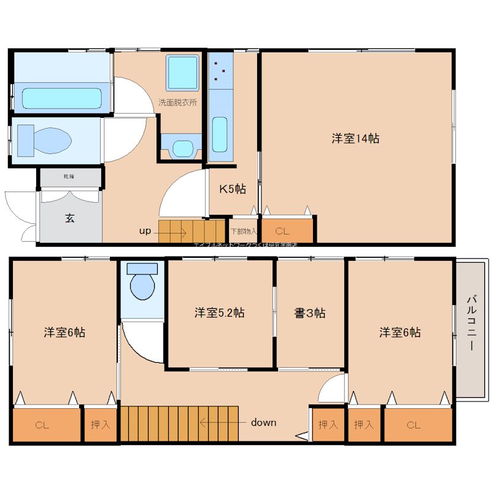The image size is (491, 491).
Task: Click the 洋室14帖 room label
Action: point(355,139)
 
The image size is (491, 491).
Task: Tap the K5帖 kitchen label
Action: point(233,189)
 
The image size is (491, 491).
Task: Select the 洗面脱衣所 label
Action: point(178,102)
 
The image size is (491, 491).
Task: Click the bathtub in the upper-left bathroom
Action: point(61,98)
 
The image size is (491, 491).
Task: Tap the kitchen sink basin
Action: point(220,135)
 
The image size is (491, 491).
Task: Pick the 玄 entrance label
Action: point(71,217)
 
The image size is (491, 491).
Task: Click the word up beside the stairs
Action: point(145,231)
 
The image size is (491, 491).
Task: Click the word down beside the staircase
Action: point(263,422)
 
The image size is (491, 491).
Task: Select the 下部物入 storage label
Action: point(244,231)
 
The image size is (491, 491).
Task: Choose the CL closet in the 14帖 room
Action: point(282,231)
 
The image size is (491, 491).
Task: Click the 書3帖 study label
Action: point(310,313)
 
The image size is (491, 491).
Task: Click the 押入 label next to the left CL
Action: point(99,424)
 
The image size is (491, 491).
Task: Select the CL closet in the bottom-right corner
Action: point(413,425)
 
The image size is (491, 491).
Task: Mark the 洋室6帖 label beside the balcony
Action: point(400,333)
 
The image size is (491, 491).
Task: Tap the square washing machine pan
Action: point(183,72)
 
